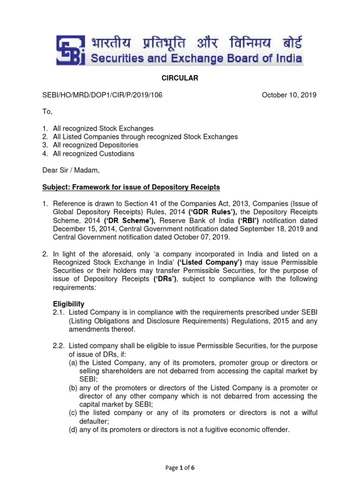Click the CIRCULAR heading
(180, 78)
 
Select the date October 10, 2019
(289, 95)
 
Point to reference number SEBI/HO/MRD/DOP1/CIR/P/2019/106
(103, 95)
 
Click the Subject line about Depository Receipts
(131, 187)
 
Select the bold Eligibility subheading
(68, 304)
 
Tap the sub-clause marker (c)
(73, 412)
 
